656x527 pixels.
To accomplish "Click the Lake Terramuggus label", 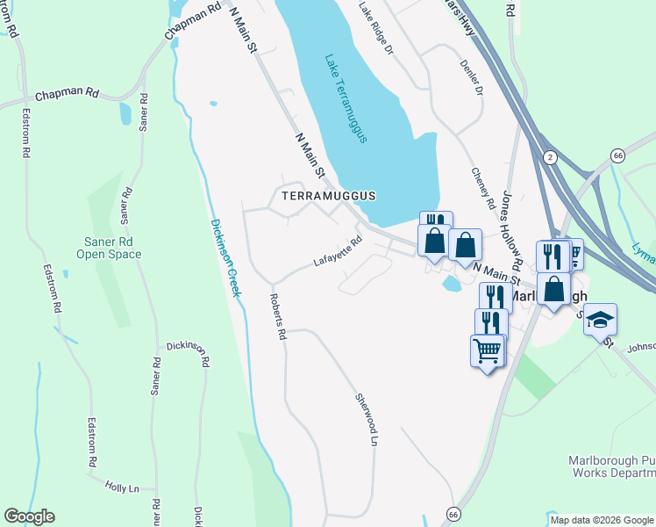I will tap(345, 99).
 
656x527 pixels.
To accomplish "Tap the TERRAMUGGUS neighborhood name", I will tap(328, 195).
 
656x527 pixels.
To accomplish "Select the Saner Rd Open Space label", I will tap(108, 248).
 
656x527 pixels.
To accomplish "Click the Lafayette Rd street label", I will tap(339, 253).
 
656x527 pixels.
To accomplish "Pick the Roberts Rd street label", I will tap(277, 317).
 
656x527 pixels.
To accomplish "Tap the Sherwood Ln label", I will tap(366, 419).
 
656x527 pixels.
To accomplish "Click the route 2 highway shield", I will tap(549, 155).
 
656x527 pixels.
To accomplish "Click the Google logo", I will tap(29, 516).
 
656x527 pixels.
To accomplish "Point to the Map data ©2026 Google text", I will tap(601, 520).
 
